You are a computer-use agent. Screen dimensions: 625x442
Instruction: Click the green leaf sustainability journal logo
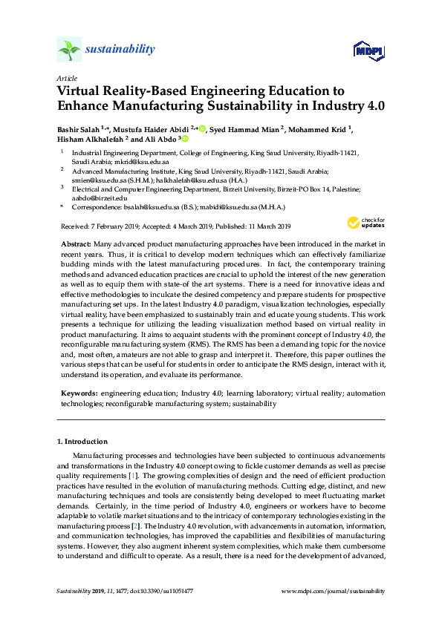tap(68, 50)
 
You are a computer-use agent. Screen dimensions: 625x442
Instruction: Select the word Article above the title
tap(65, 77)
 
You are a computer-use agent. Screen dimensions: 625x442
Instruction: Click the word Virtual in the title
tap(82, 91)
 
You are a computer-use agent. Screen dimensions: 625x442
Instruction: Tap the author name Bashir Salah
tap(78, 128)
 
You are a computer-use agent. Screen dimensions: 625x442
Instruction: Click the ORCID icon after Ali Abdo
tap(185, 138)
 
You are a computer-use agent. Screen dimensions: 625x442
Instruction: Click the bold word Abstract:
tap(75, 243)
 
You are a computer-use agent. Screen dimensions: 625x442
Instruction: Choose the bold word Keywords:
tap(78, 393)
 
